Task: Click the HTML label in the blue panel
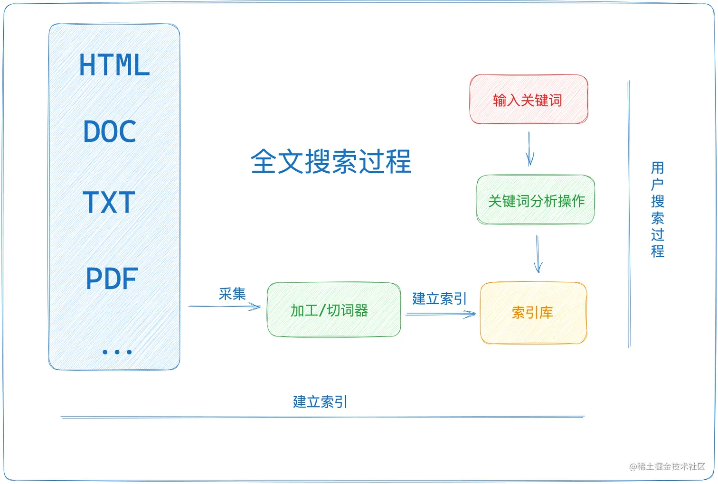point(114,65)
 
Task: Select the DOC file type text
point(110,131)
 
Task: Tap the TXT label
point(109,203)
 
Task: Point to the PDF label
point(112,279)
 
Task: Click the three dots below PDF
point(117,352)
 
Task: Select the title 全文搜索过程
point(331,161)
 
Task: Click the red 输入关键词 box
point(529,100)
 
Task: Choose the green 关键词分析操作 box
point(536,200)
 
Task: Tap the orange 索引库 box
point(533,313)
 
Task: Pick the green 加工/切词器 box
point(333,310)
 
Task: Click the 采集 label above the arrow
point(232,294)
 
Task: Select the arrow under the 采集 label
point(225,307)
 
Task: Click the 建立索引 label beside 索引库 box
point(439,298)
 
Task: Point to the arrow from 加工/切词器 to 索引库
point(440,314)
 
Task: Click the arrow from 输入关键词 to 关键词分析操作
point(530,149)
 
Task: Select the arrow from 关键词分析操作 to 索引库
point(538,254)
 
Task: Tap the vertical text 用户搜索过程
point(657,209)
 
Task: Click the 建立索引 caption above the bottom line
point(320,402)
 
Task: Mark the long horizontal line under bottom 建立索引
point(323,417)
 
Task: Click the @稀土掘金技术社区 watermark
point(667,466)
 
